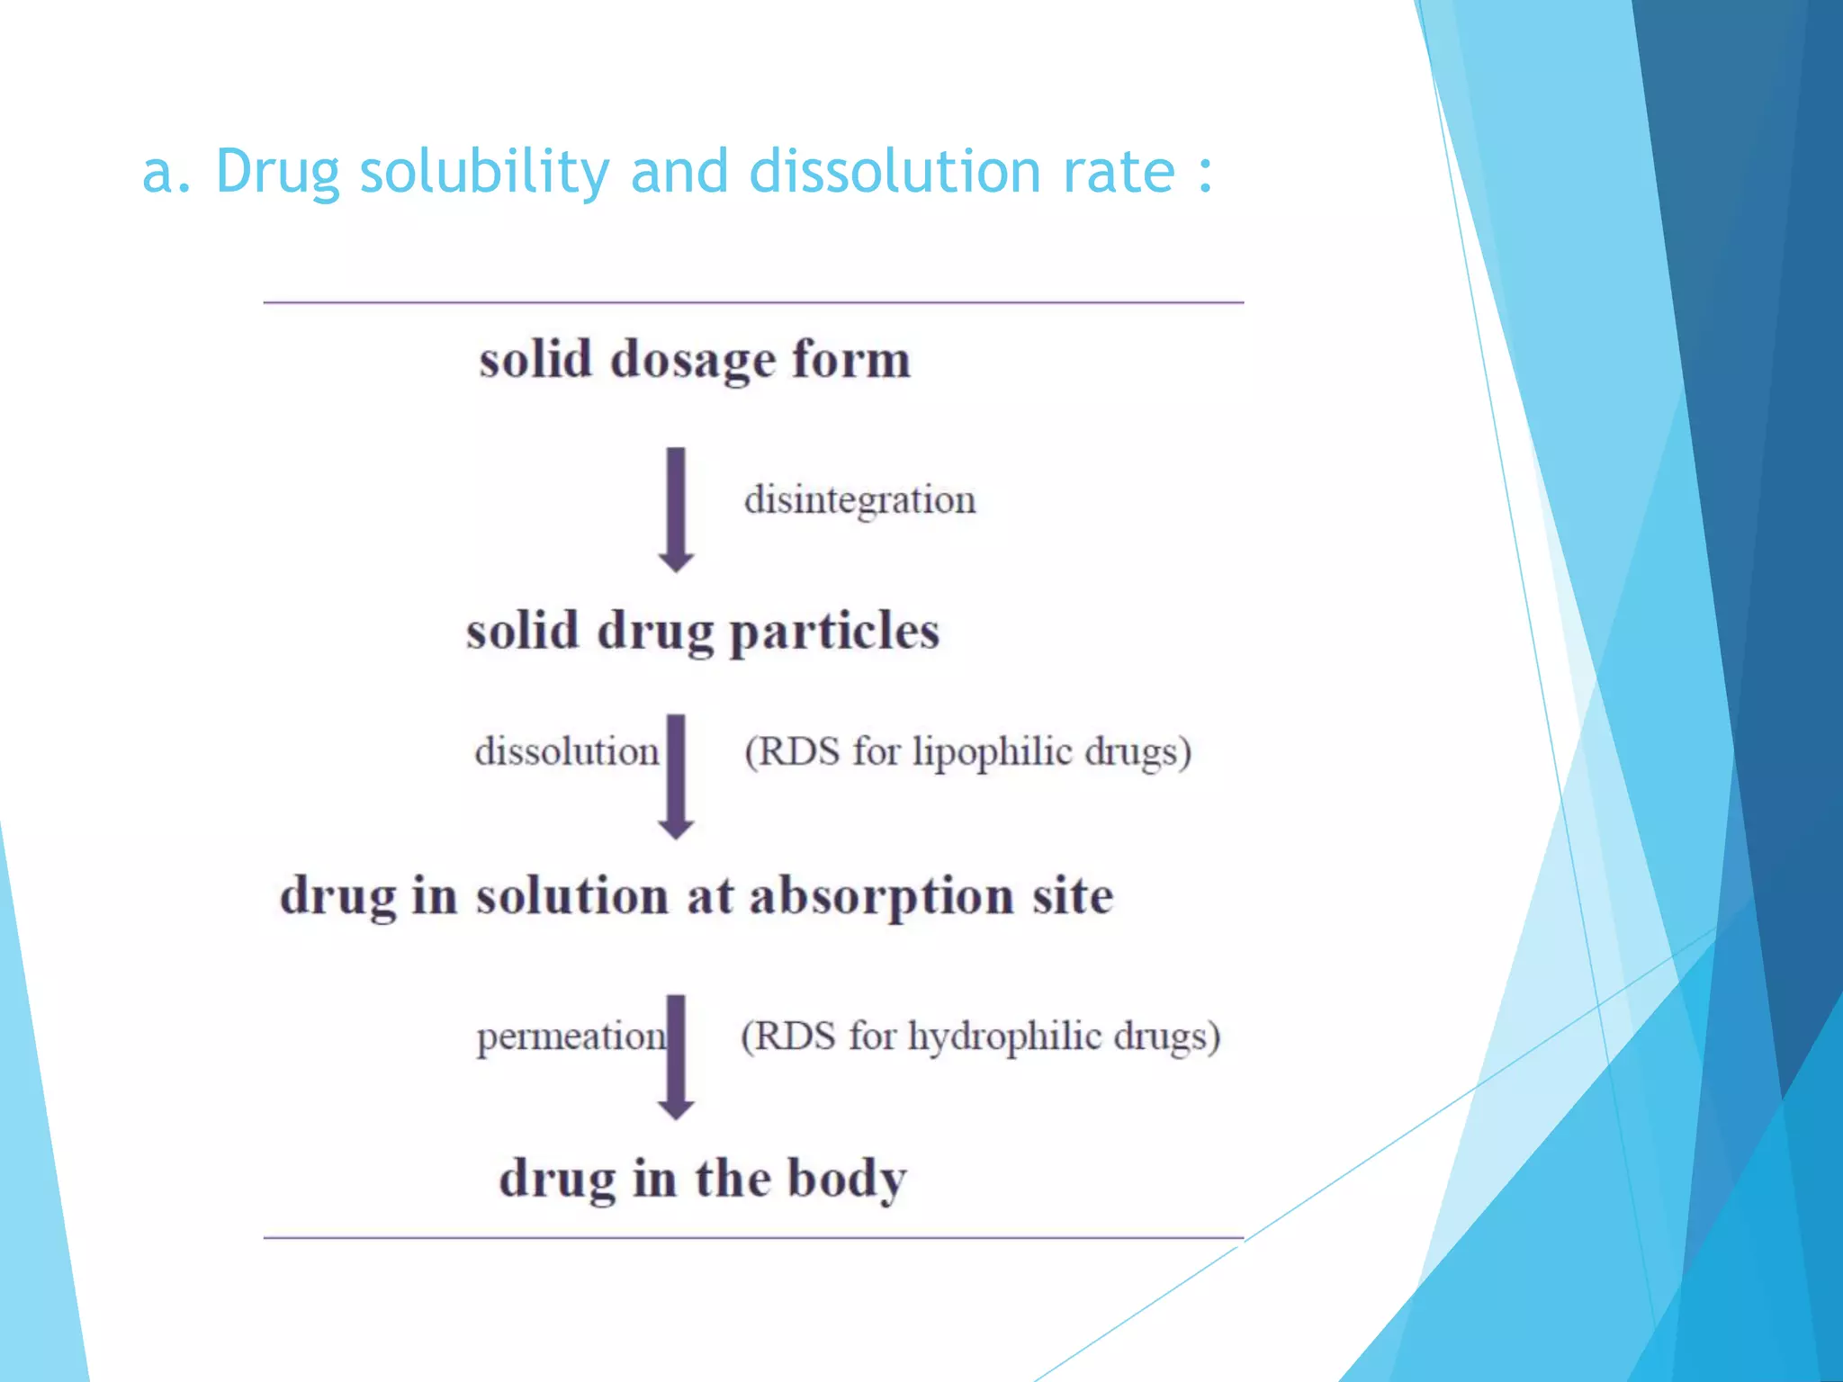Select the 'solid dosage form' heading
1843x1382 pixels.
[x=695, y=360]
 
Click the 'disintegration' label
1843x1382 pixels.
[x=859, y=500]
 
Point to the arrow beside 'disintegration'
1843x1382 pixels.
[x=676, y=509]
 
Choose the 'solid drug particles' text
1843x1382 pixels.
[x=703, y=631]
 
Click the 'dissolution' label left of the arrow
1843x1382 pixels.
[x=566, y=752]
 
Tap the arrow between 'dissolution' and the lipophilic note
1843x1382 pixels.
[x=676, y=776]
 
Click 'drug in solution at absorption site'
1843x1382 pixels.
[x=697, y=896]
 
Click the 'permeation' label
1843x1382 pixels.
[x=571, y=1036]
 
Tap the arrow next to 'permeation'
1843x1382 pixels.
[x=676, y=1057]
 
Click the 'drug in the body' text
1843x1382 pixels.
[x=703, y=1179]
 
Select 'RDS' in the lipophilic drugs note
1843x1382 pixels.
[x=797, y=752]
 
